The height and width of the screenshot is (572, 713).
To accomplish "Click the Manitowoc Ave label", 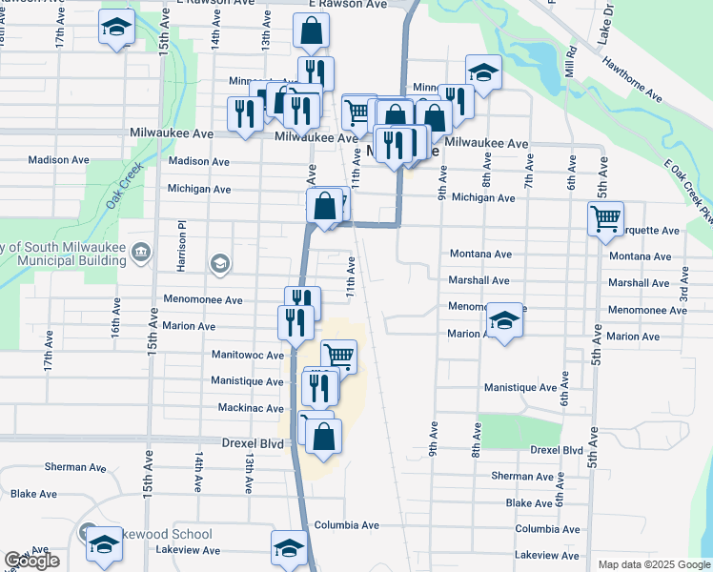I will coord(248,355).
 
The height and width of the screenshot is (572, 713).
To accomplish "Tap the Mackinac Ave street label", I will coord(249,408).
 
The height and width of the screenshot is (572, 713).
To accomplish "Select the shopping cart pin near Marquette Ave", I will coord(606,219).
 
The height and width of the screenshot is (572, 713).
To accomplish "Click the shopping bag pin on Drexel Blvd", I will coord(324,437).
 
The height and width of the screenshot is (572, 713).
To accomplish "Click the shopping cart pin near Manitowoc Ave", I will coord(337,357).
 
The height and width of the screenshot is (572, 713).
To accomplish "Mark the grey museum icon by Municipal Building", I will coord(140,252).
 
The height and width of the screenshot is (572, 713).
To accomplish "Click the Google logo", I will coord(31,562).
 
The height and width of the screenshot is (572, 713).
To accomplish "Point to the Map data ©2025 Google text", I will coord(653,564).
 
